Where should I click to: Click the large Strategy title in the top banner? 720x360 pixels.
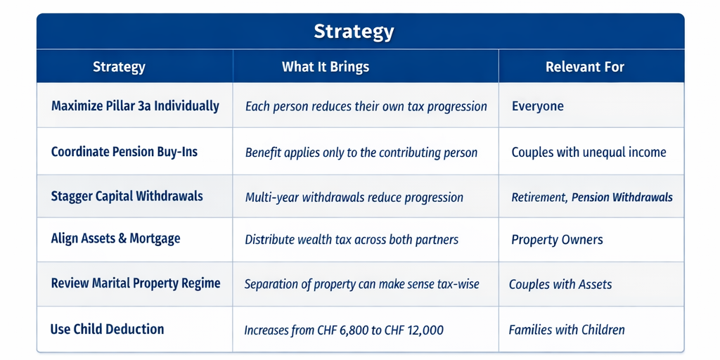[354, 32]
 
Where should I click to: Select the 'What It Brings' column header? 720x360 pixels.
[325, 67]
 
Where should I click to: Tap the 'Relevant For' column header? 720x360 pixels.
[584, 67]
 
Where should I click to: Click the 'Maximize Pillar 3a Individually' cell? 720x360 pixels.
[135, 106]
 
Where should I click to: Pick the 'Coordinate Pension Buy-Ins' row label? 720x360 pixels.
[124, 152]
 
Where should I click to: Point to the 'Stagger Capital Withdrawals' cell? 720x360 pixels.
[127, 196]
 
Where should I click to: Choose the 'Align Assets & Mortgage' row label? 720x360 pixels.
[115, 239]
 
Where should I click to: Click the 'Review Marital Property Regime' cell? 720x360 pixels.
[136, 283]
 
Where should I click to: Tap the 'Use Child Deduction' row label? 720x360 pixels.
[107, 329]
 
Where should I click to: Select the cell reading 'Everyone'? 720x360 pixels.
[537, 107]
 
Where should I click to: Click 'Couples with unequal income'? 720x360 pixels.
[589, 152]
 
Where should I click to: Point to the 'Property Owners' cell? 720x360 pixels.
[557, 240]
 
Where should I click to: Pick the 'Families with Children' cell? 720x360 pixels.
[567, 330]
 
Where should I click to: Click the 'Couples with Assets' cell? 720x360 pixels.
[560, 285]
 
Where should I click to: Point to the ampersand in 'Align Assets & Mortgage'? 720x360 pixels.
[122, 239]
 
